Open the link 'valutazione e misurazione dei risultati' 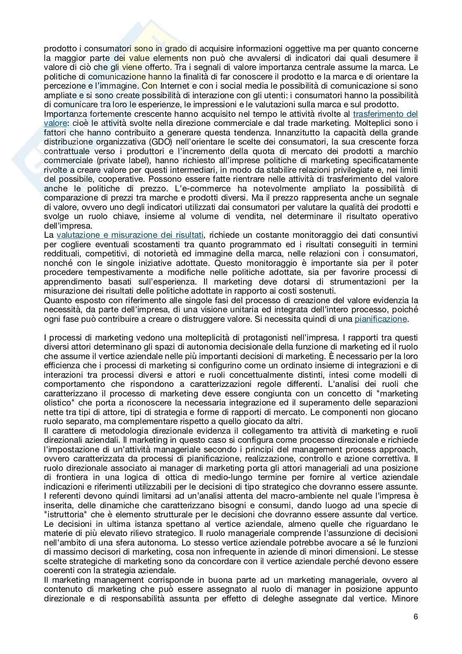tap(130, 235)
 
